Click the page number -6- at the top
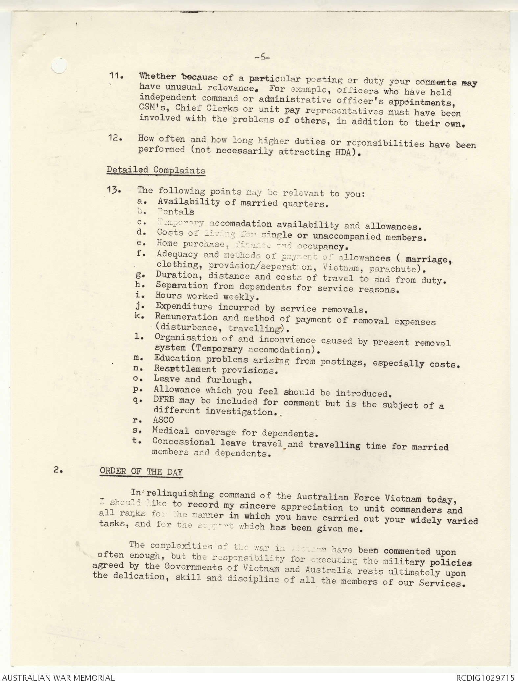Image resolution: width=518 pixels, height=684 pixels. pyautogui.click(x=262, y=57)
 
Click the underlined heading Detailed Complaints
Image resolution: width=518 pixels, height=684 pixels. pyautogui.click(x=156, y=171)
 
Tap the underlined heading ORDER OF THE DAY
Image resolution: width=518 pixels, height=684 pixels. pyautogui.click(x=141, y=472)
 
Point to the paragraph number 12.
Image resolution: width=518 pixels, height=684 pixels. pyautogui.click(x=115, y=139)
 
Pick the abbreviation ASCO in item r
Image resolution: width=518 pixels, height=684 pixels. pyautogui.click(x=163, y=420)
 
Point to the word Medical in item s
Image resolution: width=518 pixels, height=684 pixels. pyautogui.click(x=170, y=431)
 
